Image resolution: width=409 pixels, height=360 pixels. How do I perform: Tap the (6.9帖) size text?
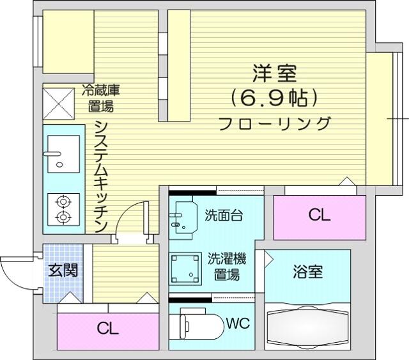274,98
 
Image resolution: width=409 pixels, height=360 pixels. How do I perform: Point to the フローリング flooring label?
275,123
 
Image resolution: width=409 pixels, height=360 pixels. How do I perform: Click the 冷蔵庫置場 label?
101,98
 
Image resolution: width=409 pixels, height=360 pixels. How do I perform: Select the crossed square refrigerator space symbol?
58,104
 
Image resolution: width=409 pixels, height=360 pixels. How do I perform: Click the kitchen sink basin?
63,153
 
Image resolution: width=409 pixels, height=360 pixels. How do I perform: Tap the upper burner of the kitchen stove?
63,202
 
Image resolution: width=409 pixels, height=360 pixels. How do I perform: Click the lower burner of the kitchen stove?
63,217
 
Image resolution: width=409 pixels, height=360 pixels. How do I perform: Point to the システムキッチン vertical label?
101,176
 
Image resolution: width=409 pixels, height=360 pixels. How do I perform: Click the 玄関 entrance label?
63,270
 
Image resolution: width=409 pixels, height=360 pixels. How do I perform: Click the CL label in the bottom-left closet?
108,329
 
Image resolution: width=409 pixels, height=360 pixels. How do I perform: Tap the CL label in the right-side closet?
320,215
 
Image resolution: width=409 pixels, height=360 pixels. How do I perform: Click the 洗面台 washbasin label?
224,215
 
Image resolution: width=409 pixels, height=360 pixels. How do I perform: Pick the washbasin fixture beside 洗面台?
183,217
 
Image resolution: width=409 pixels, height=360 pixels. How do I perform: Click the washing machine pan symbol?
185,269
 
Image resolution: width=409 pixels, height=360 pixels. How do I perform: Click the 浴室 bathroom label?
308,272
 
